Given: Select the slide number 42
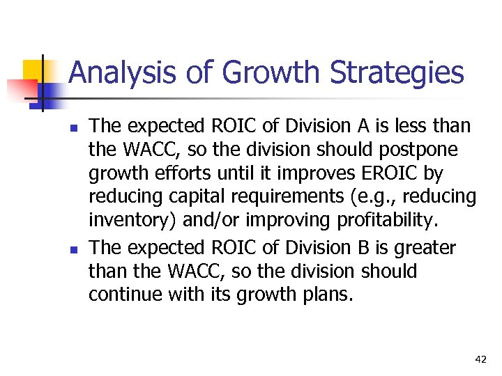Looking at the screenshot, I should click(480, 359).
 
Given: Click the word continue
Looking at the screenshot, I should click(126, 295).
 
